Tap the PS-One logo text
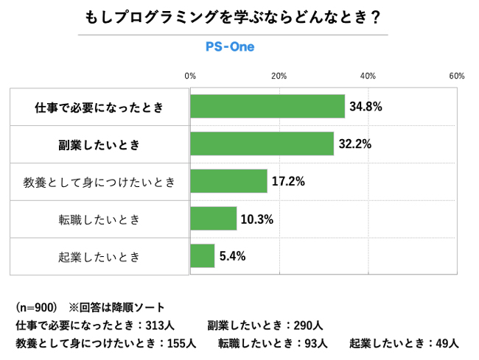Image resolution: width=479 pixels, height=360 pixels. pos(230,46)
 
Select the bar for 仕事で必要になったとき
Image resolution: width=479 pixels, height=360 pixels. pos(268,107)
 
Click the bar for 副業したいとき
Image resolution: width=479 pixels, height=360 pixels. pos(262,144)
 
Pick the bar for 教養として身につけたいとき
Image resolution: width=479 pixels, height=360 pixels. pos(228,181)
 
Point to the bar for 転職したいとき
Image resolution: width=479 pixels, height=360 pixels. pos(213,219)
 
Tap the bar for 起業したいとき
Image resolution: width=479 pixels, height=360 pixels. pos(203,256)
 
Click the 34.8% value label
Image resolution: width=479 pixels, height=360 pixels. pos(366,107)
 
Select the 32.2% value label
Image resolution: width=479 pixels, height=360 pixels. pos(354,144)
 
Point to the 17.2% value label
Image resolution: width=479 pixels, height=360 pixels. pos(288,181)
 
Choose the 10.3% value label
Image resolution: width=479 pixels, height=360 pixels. pos(257,219)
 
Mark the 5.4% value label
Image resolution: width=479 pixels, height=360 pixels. pos(232,256)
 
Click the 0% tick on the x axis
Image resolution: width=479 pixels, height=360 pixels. pos(190,76)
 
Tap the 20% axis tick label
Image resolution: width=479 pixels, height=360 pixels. pos(279,76)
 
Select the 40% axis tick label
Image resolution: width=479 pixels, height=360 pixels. pos(368,76)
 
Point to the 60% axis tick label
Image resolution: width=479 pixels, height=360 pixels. pos(456,76)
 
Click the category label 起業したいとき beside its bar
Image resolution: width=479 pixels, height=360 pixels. pos(99,257)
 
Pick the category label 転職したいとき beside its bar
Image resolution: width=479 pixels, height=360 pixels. pos(99,219)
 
